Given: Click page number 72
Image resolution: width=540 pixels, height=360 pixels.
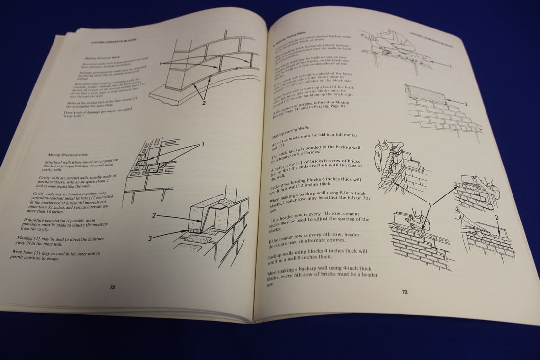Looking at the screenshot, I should (112, 287).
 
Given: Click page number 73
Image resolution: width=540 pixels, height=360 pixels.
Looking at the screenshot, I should (405, 292).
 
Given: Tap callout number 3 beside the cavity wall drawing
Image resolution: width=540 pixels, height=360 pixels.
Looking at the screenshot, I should (151, 238).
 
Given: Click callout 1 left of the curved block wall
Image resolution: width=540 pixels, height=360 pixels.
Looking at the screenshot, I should (160, 63).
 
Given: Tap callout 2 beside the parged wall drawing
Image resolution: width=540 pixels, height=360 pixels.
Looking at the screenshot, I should (466, 104).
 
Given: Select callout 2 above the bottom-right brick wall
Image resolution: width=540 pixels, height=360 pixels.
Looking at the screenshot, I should (496, 217).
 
